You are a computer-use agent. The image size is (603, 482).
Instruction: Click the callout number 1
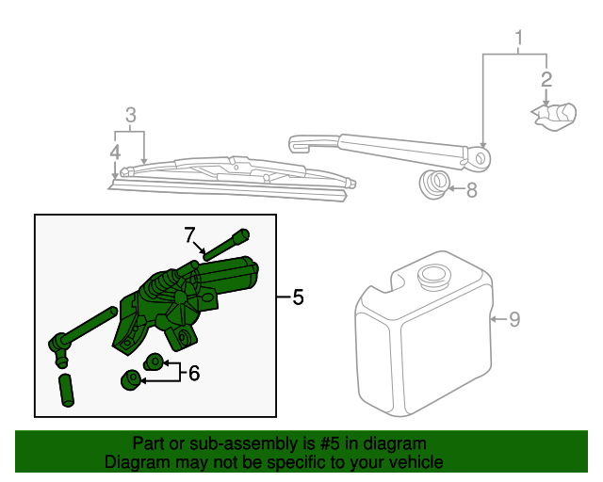519,38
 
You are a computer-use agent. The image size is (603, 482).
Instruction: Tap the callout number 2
546,80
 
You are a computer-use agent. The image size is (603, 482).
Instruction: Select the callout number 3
131,115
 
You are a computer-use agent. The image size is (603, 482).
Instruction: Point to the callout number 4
115,153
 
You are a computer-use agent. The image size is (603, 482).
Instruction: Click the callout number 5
298,297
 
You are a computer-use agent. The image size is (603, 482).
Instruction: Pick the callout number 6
194,373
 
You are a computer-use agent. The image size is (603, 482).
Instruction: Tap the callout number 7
189,235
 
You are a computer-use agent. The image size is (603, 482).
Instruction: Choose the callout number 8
471,190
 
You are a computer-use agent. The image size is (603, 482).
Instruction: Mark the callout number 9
514,319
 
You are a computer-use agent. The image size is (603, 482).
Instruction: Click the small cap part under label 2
555,116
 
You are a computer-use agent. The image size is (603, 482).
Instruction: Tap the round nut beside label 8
434,184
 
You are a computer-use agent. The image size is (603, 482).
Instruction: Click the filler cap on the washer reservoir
433,276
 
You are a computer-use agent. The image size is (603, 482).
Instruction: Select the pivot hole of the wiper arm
481,157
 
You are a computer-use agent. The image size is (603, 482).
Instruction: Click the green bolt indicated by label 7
226,245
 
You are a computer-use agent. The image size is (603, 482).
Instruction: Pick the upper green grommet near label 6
154,361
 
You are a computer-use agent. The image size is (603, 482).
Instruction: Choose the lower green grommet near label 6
132,379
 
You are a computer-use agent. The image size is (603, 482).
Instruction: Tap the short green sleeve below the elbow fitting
67,390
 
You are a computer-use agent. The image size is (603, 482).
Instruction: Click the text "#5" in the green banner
330,443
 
